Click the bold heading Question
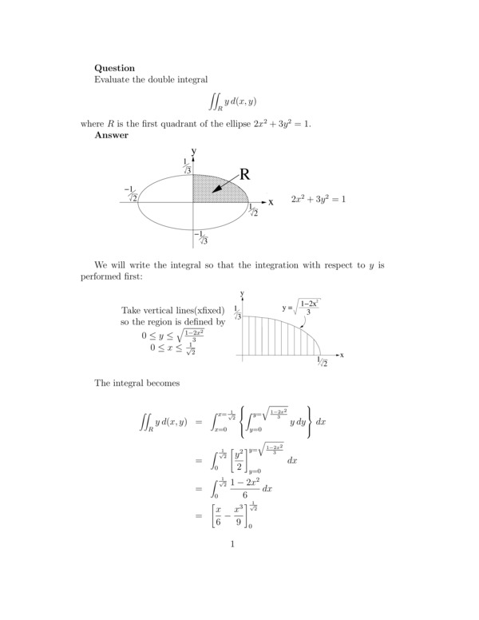[114, 68]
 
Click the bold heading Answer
[111, 135]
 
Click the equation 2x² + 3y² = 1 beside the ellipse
[318, 198]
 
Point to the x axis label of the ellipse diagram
[271, 202]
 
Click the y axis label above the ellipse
[193, 150]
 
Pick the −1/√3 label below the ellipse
[201, 237]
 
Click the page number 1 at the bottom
[232, 545]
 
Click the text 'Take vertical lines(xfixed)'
[178, 310]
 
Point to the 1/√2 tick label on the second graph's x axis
[323, 362]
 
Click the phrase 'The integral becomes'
[137, 383]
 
